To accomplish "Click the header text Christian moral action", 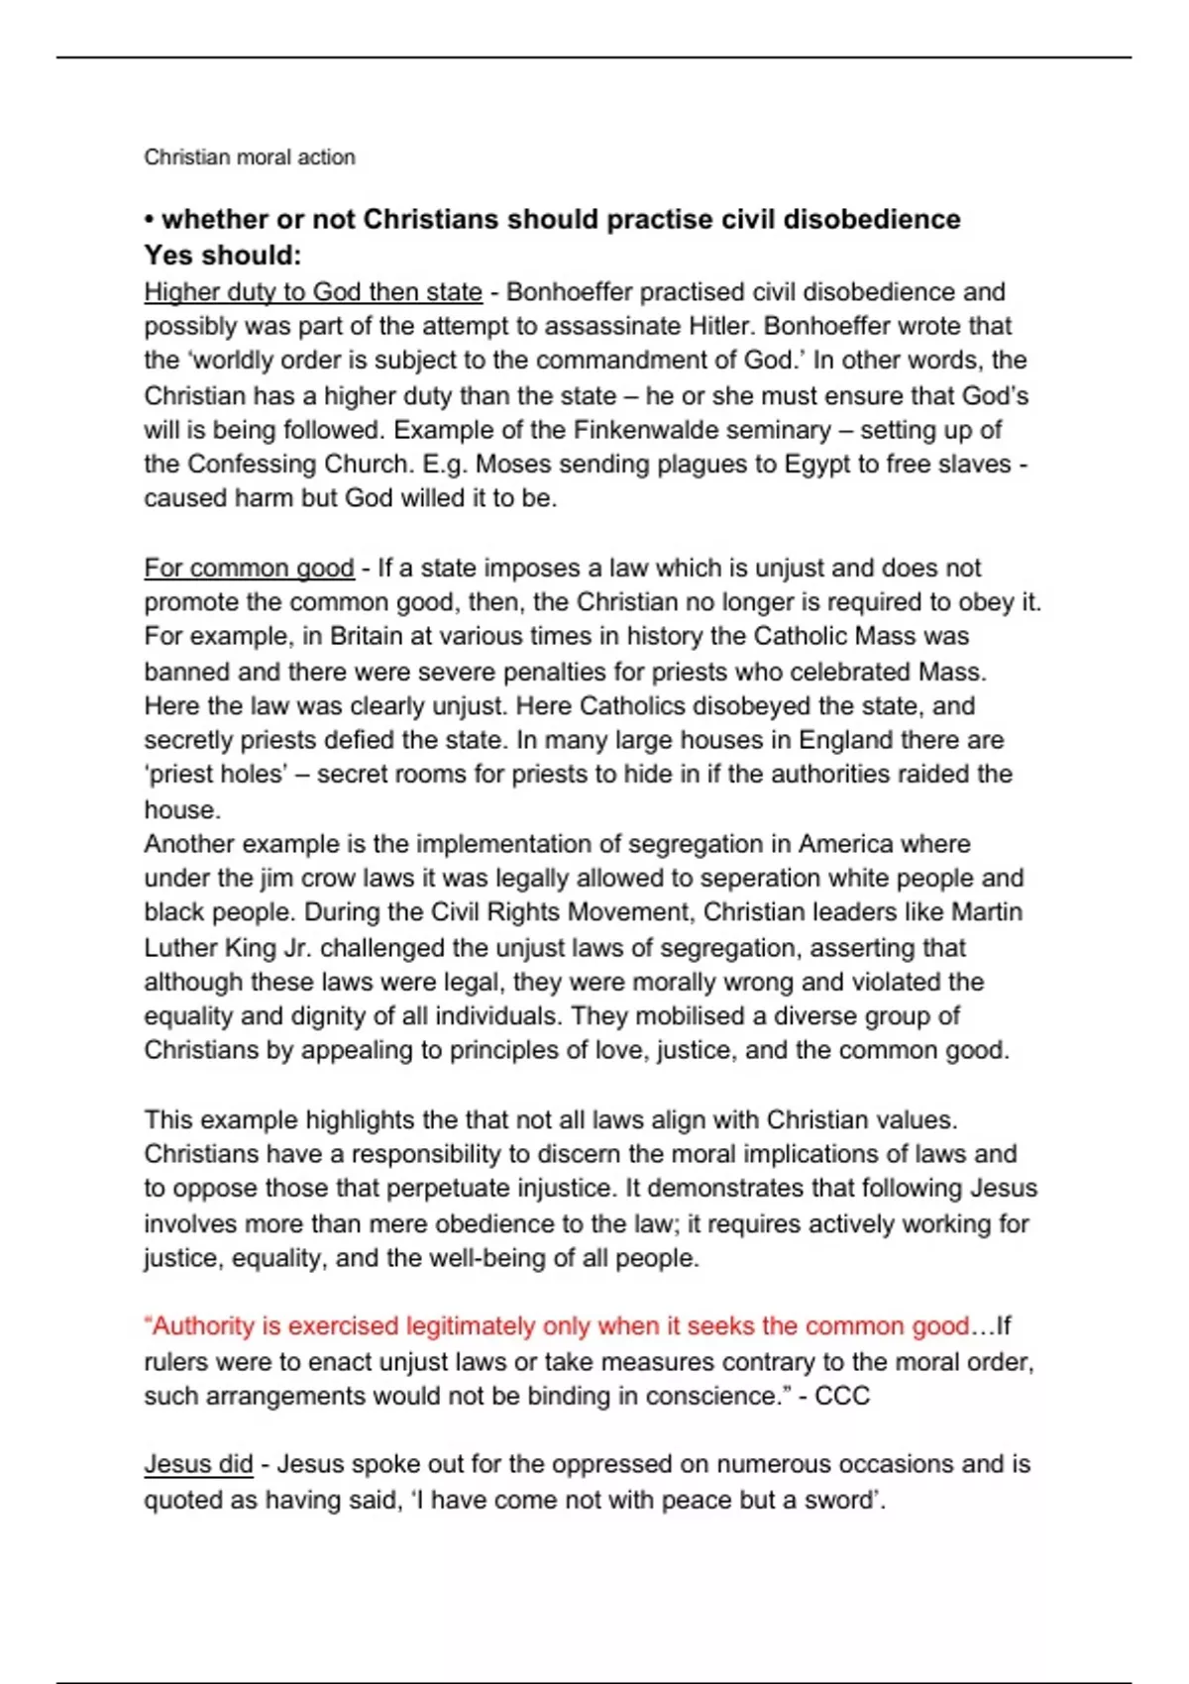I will (x=249, y=157).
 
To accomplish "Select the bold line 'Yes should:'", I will (x=222, y=256).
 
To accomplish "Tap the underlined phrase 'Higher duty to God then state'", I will (x=313, y=292).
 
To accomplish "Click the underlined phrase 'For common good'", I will (x=249, y=569).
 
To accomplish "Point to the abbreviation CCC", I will (x=841, y=1396).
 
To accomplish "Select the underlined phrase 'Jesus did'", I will (x=198, y=1464).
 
